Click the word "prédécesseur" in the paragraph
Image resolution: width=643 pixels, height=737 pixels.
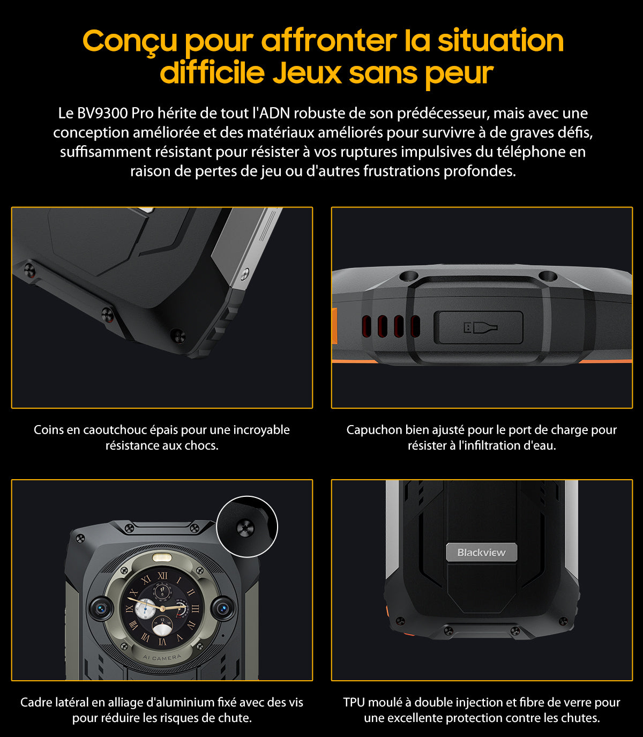coord(443,113)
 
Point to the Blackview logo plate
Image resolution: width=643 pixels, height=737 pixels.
coord(482,552)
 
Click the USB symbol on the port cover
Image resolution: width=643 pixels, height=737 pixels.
coord(480,327)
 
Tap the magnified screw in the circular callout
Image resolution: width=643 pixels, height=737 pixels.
coord(245,528)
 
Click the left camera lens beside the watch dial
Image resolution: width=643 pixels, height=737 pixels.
coord(100,608)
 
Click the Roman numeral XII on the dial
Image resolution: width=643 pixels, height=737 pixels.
coord(162,576)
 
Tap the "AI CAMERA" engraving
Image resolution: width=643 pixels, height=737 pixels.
coord(162,657)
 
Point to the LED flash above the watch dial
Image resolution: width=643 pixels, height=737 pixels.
coord(162,558)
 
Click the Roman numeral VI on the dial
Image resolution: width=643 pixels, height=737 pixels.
coord(162,642)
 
